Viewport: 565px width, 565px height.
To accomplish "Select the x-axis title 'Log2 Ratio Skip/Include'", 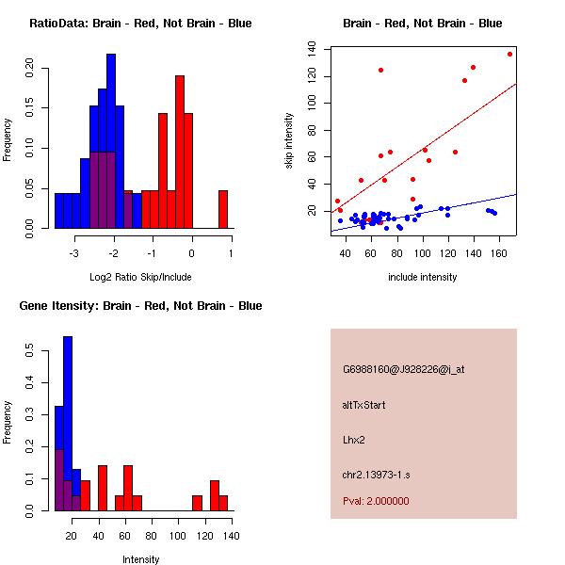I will click(x=140, y=277).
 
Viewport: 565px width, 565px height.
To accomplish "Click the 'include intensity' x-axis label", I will click(x=422, y=277).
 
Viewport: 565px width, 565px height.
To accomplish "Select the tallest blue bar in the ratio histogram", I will click(x=111, y=141).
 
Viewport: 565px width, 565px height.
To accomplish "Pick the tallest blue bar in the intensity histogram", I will click(x=68, y=424).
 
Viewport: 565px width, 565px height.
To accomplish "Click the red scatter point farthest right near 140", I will click(x=509, y=54).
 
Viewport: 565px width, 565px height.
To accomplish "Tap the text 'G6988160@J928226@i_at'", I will click(x=403, y=369).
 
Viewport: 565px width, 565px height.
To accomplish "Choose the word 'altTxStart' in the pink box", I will click(x=364, y=405).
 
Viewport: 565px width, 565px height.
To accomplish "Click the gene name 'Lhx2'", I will click(x=353, y=440).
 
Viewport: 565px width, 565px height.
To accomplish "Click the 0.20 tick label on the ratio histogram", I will click(x=31, y=68).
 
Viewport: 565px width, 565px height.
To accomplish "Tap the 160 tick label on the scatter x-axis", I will click(x=500, y=252).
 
